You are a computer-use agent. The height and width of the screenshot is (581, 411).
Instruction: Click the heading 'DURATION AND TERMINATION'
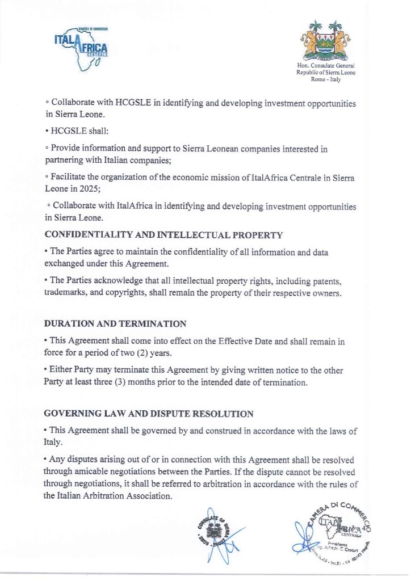(115, 324)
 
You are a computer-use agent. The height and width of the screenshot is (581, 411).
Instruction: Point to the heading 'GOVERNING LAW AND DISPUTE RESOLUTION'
(149, 414)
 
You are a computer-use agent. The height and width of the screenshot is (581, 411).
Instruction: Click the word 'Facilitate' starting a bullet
(72, 178)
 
